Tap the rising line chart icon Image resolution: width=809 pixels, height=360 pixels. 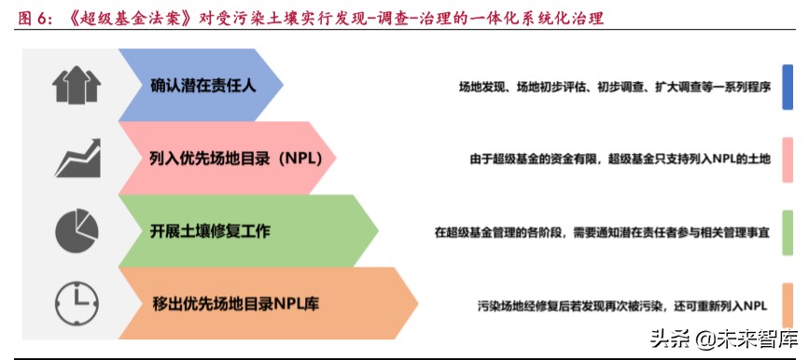(77, 158)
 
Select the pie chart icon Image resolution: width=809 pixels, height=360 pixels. (77, 229)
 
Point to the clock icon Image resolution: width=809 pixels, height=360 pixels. (77, 302)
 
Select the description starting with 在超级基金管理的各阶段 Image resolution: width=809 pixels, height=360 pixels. (602, 230)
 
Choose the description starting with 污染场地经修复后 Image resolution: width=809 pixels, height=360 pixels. (621, 303)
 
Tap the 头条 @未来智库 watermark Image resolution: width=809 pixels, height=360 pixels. (724, 339)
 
